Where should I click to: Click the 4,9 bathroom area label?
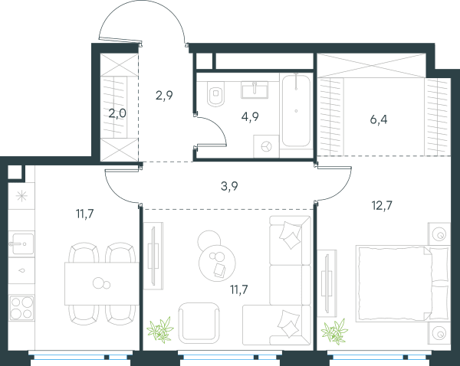(250, 117)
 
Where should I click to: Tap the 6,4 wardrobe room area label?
(379, 119)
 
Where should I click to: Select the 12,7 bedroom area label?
(382, 206)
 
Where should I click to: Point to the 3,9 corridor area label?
(229, 186)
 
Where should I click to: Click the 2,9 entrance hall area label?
(164, 96)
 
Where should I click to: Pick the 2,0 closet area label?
(117, 113)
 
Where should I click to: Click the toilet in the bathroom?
(215, 93)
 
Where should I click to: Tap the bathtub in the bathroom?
(296, 111)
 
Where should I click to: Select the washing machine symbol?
(266, 146)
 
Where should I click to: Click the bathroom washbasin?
(255, 90)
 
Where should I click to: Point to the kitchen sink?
(21, 243)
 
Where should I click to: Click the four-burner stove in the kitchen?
(21, 308)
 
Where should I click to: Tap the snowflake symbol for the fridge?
(21, 196)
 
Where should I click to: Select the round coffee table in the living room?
(217, 263)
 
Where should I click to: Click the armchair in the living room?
(199, 323)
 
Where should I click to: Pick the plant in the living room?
(160, 330)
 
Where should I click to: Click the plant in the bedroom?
(334, 332)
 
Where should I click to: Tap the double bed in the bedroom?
(402, 283)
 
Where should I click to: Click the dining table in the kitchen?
(102, 283)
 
